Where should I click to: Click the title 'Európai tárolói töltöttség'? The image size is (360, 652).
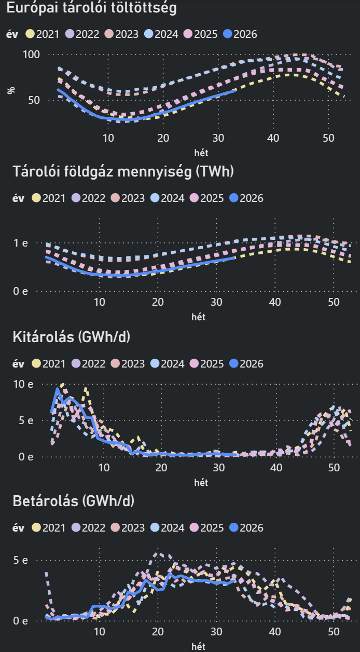pyautogui.click(x=91, y=8)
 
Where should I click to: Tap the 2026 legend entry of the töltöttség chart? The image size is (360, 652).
pyautogui.click(x=240, y=34)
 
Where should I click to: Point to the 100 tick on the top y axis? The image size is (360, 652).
pyautogui.click(x=31, y=55)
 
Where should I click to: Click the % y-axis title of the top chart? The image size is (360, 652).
pyautogui.click(x=11, y=90)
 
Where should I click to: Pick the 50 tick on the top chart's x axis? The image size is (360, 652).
pyautogui.click(x=328, y=138)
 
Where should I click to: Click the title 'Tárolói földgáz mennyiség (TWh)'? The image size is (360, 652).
pyautogui.click(x=123, y=171)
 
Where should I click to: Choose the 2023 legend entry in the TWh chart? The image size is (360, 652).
pyautogui.click(x=128, y=198)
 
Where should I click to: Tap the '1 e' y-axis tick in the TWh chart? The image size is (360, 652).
pyautogui.click(x=21, y=243)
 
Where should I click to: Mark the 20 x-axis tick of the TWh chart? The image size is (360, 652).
pyautogui.click(x=158, y=302)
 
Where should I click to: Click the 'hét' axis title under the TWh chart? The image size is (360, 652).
pyautogui.click(x=198, y=317)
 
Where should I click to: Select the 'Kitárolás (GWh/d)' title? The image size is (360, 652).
pyautogui.click(x=72, y=337)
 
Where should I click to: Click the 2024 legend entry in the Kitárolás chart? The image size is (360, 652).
pyautogui.click(x=167, y=364)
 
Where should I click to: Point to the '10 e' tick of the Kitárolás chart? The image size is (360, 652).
pyautogui.click(x=23, y=384)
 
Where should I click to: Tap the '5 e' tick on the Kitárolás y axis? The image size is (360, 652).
pyautogui.click(x=26, y=420)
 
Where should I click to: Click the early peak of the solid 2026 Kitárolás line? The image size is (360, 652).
pyautogui.click(x=57, y=389)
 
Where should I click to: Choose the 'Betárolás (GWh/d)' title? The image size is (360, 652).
pyautogui.click(x=74, y=501)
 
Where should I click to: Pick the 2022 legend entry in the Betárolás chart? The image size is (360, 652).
pyautogui.click(x=88, y=528)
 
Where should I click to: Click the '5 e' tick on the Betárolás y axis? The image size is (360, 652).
pyautogui.click(x=21, y=560)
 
